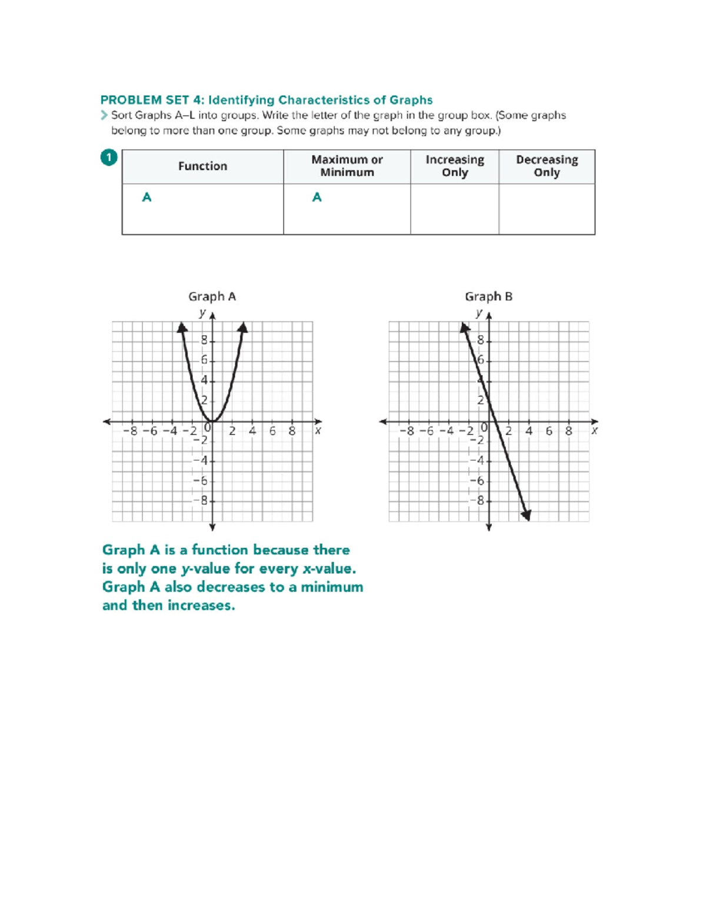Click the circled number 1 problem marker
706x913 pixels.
tap(109, 158)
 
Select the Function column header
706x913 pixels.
tap(202, 166)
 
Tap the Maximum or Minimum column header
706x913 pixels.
tap(347, 166)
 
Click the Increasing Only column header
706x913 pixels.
tap(454, 166)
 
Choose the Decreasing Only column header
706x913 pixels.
tap(547, 166)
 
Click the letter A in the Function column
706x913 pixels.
tap(147, 198)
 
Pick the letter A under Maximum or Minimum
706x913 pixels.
tap(317, 198)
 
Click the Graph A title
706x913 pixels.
tap(212, 296)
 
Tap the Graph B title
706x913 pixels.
tap(488, 296)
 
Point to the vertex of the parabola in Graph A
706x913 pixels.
tap(212, 421)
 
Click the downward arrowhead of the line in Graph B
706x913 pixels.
tap(527, 515)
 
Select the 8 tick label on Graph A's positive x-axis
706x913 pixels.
tap(292, 431)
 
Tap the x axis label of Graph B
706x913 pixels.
tap(594, 430)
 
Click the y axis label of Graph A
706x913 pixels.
tap(202, 313)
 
